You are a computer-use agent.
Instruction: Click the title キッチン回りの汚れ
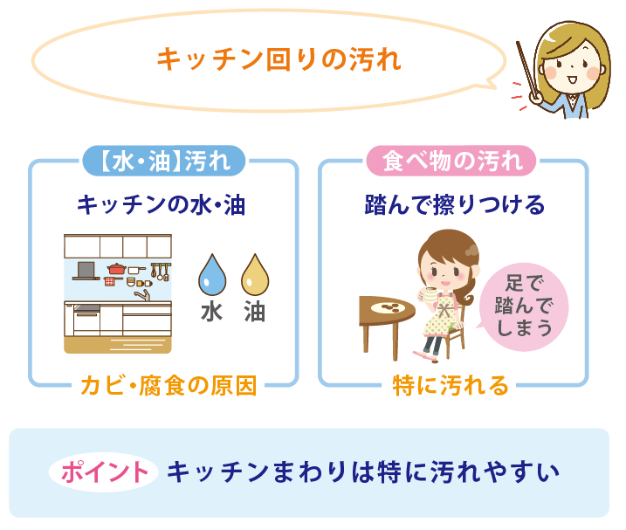coord(278,60)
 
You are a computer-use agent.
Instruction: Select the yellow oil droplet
coord(254,274)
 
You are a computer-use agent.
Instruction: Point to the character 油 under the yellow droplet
coord(254,312)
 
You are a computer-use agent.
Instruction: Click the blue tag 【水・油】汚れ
coord(162,161)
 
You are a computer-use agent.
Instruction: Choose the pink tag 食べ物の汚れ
coord(452,161)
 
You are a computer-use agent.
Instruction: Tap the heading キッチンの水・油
coord(162,206)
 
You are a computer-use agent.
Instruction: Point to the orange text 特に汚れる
coord(451,385)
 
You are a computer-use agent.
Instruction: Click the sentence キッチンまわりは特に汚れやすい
coord(362,471)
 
